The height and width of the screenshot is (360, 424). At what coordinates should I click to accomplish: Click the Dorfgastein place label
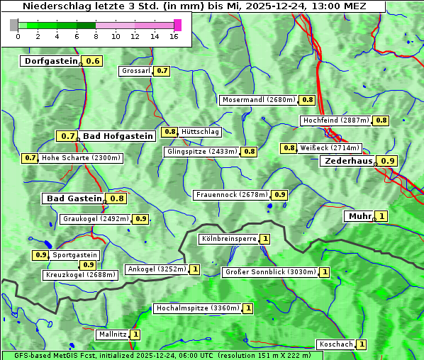click(x=50, y=61)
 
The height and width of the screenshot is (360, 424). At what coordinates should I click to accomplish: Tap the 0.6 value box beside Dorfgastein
click(x=93, y=61)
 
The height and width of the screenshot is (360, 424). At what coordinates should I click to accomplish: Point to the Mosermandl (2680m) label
click(x=258, y=100)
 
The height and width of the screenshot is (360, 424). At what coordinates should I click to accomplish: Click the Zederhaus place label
click(x=348, y=161)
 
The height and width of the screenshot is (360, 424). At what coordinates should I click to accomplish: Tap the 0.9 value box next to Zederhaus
click(x=388, y=161)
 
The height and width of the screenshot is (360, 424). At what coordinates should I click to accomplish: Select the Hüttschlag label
click(x=201, y=131)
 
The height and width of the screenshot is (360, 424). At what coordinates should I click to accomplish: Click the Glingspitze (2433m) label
click(x=202, y=152)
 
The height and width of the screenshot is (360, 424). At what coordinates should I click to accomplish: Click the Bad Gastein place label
click(x=74, y=198)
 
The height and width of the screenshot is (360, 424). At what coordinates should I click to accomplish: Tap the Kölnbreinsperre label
click(x=228, y=239)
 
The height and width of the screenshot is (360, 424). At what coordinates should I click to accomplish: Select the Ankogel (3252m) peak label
click(x=156, y=269)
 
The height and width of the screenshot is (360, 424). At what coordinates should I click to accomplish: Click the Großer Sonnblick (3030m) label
click(x=269, y=271)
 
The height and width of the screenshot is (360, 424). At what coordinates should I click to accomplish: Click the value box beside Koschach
click(x=362, y=344)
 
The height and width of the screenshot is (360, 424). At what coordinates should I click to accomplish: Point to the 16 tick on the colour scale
click(x=174, y=36)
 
